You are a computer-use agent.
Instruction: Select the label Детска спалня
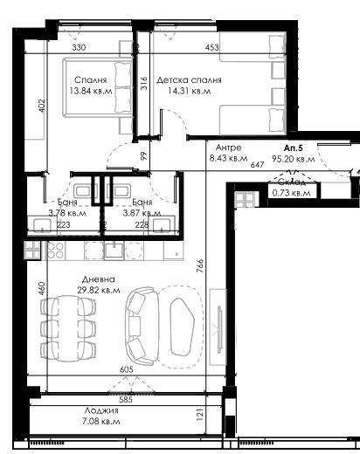(x=189, y=79)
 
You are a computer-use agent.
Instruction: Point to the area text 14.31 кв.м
(x=189, y=90)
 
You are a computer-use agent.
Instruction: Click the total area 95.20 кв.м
(x=294, y=159)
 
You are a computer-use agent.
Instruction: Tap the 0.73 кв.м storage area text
(x=294, y=193)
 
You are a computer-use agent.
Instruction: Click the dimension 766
(x=200, y=265)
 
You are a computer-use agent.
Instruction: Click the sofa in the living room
(x=142, y=327)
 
